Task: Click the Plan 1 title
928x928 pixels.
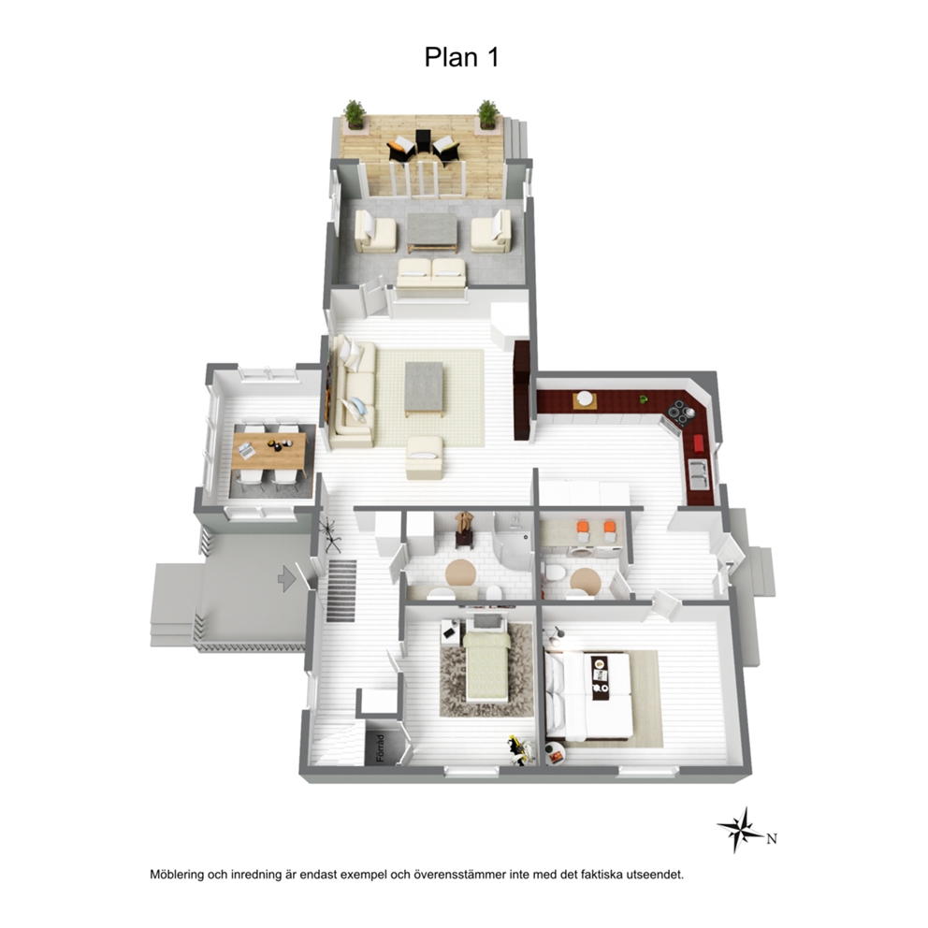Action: tap(461, 57)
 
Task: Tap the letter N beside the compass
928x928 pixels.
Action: tap(771, 838)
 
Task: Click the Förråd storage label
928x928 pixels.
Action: tap(380, 748)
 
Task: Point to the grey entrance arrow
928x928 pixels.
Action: tap(287, 578)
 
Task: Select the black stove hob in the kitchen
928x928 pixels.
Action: tap(680, 413)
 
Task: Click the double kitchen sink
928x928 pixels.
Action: tap(699, 474)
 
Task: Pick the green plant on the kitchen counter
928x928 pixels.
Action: tap(644, 399)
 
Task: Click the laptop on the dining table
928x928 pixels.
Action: tap(247, 451)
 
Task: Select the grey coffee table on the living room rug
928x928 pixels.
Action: tap(424, 389)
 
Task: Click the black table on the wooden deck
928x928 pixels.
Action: tap(424, 141)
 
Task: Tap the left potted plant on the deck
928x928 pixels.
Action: tap(355, 114)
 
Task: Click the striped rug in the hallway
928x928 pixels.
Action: tap(341, 590)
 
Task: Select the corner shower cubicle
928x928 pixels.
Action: tap(514, 543)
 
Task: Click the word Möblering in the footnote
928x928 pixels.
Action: tap(177, 875)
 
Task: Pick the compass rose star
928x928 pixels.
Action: tap(739, 830)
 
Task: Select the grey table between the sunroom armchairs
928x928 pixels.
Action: tap(432, 231)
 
